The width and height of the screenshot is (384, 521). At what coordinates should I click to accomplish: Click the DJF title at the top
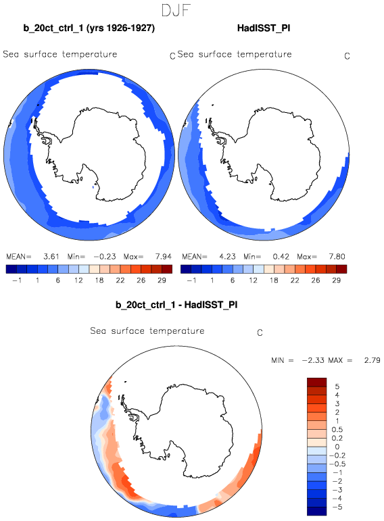click(x=176, y=11)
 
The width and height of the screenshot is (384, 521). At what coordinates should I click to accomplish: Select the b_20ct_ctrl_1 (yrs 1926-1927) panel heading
click(x=89, y=28)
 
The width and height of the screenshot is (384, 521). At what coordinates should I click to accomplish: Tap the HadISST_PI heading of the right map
click(x=264, y=28)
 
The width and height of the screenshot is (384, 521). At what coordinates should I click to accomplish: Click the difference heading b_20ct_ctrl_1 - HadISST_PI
click(x=176, y=305)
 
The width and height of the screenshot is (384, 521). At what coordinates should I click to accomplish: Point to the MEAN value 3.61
click(x=51, y=257)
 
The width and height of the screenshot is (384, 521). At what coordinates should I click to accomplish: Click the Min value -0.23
click(x=104, y=257)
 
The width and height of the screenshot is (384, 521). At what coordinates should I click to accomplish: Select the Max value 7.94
click(x=163, y=257)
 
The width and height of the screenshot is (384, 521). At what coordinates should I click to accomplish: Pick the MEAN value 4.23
click(x=227, y=257)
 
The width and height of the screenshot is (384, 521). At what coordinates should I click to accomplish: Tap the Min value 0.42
click(x=281, y=257)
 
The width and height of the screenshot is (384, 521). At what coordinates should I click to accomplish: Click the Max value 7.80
click(x=337, y=257)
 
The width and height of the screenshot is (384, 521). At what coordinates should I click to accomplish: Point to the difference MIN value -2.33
click(x=313, y=360)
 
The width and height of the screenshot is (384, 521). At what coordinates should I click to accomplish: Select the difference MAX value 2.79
click(x=372, y=360)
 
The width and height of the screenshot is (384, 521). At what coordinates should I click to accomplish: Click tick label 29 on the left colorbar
click(x=162, y=280)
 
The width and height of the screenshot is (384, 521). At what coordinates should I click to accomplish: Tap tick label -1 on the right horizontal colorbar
click(x=191, y=280)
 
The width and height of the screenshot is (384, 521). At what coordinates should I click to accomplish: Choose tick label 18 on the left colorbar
click(x=99, y=280)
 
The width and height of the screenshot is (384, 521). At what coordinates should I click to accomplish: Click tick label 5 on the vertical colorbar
click(x=337, y=387)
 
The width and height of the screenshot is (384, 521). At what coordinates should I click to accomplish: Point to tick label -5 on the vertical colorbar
click(x=337, y=507)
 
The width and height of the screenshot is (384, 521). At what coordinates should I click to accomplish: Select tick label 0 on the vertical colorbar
click(x=337, y=447)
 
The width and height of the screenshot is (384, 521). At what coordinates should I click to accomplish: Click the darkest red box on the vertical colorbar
click(x=317, y=382)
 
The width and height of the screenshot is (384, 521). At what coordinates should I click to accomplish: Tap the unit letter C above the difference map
click(x=260, y=332)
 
